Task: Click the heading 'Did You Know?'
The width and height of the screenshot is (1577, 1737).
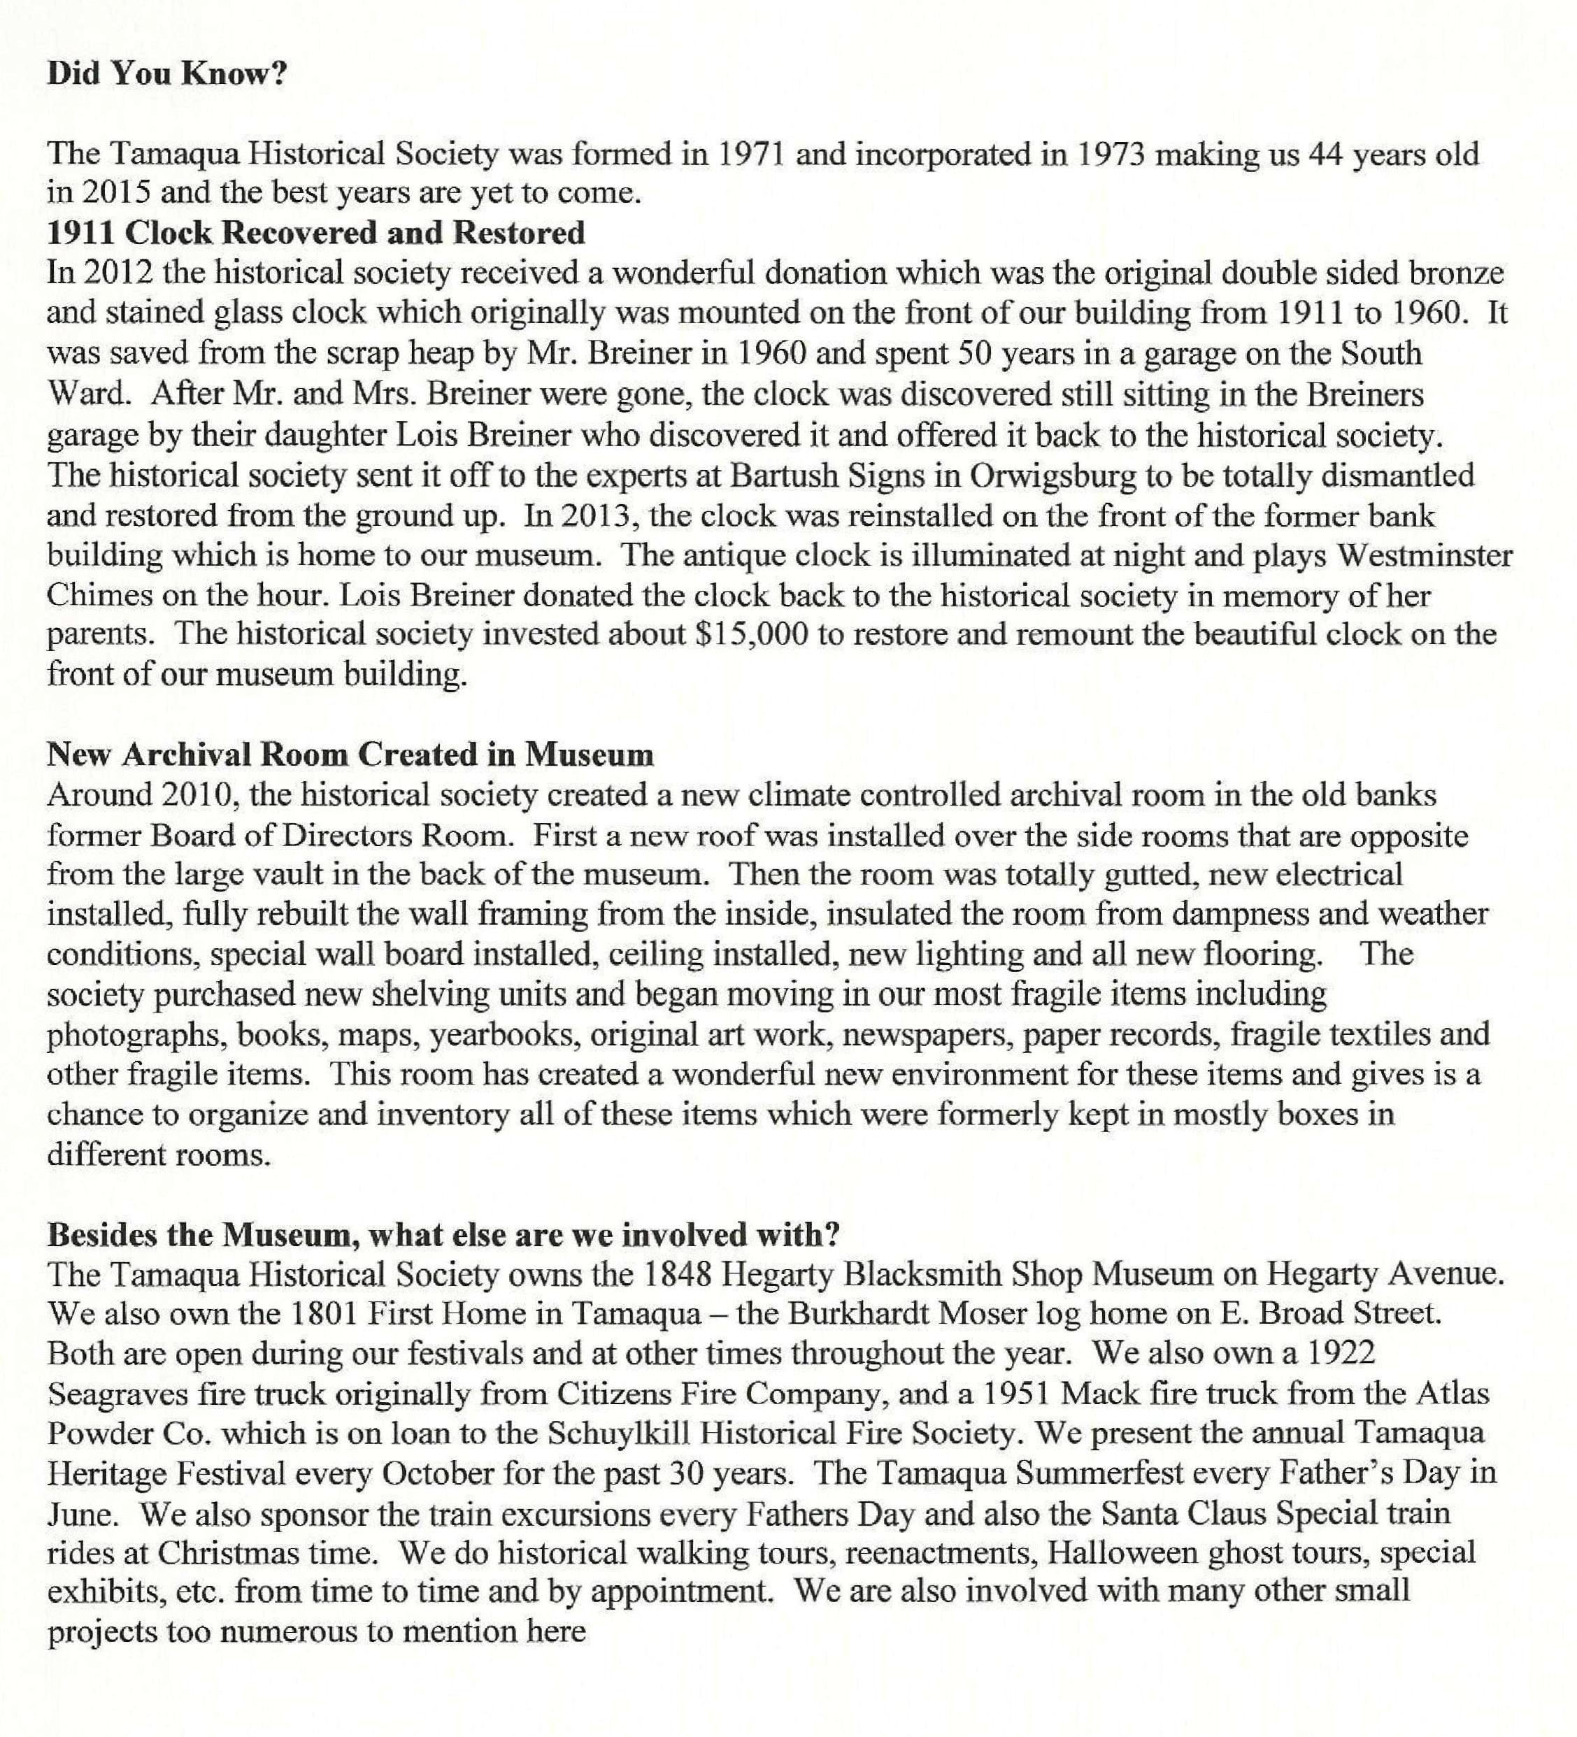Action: click(x=166, y=73)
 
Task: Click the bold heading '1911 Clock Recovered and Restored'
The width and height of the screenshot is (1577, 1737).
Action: click(x=315, y=233)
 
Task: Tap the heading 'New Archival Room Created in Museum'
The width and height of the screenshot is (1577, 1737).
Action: click(x=350, y=754)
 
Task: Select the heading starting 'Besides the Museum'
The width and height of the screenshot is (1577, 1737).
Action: click(x=443, y=1235)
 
